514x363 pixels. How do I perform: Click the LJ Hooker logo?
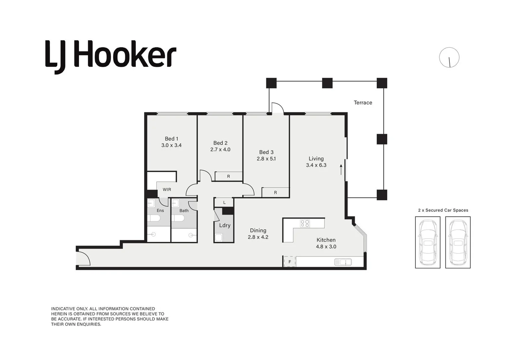pos(111,56)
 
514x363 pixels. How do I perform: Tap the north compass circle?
pos(449,57)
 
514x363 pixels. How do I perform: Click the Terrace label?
pos(363,103)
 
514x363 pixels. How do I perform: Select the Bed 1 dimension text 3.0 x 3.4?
pos(171,145)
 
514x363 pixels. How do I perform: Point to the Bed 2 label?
pos(220,143)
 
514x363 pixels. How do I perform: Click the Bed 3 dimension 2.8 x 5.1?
pos(266,159)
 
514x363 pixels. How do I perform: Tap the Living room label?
pos(316,158)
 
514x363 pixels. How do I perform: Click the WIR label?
pos(167,190)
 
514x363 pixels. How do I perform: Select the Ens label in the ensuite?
pos(160,210)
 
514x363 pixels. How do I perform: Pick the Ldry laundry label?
pos(225,225)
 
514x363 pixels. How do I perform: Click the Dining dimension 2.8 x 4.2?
pos(258,237)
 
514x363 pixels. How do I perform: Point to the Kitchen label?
pos(326,240)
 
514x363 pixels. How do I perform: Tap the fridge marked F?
pos(290,261)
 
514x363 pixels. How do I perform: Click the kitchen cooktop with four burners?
pos(305,224)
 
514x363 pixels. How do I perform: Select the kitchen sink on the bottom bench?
pos(343,262)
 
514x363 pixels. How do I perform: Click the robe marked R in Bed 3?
pos(275,193)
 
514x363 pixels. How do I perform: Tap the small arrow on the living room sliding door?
pos(341,169)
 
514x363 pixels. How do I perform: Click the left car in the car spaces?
pos(428,242)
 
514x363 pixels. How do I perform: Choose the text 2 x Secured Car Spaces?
pos(443,210)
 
